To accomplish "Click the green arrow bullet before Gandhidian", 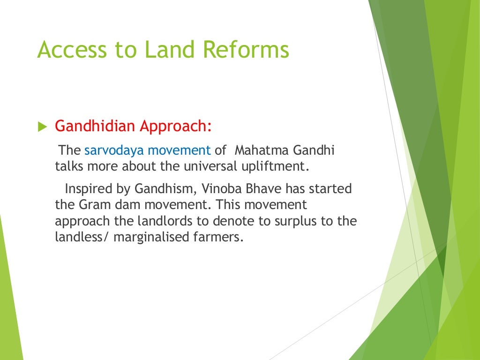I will pos(42,127).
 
